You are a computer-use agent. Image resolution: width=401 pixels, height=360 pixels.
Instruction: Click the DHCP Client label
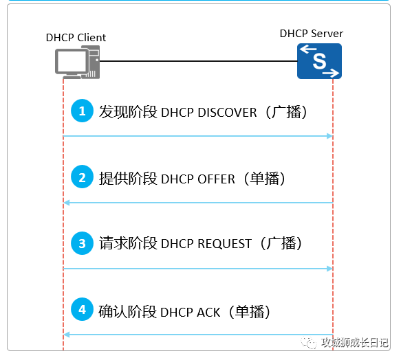click(x=76, y=38)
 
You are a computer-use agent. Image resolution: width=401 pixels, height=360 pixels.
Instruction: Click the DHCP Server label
click(x=312, y=34)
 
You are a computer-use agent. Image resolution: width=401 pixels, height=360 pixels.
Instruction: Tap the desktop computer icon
click(x=77, y=62)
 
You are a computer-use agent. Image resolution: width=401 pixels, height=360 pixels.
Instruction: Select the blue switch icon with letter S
click(x=319, y=61)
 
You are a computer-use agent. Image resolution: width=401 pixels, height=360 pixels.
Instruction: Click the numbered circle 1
click(x=82, y=111)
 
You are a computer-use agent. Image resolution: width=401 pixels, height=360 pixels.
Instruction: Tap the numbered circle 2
click(x=82, y=177)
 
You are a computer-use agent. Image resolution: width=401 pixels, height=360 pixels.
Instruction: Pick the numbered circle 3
click(x=82, y=243)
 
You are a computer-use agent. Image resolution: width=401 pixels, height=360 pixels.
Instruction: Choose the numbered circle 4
click(x=82, y=309)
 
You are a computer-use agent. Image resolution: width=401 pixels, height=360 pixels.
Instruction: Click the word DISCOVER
click(x=227, y=113)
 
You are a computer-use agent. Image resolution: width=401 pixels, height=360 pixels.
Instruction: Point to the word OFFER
click(x=216, y=179)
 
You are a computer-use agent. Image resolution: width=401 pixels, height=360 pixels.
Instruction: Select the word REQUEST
click(x=224, y=244)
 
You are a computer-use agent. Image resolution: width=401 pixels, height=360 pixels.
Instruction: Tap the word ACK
click(x=208, y=313)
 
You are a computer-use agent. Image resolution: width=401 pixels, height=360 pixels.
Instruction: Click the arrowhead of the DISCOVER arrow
click(x=330, y=136)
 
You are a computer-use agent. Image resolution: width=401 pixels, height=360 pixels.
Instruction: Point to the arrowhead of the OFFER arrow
click(x=67, y=203)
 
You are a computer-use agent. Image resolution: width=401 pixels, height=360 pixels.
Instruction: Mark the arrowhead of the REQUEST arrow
click(x=330, y=269)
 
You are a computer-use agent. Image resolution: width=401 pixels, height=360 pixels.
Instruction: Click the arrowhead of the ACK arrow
click(x=67, y=335)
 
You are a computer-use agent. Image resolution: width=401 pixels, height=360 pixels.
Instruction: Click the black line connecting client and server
click(x=198, y=61)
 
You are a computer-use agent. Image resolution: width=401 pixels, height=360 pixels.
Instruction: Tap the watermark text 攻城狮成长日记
click(x=355, y=343)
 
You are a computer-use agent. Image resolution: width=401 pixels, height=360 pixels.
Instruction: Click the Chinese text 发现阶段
click(x=128, y=112)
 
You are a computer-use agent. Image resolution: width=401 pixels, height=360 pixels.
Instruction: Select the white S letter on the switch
click(x=319, y=61)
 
